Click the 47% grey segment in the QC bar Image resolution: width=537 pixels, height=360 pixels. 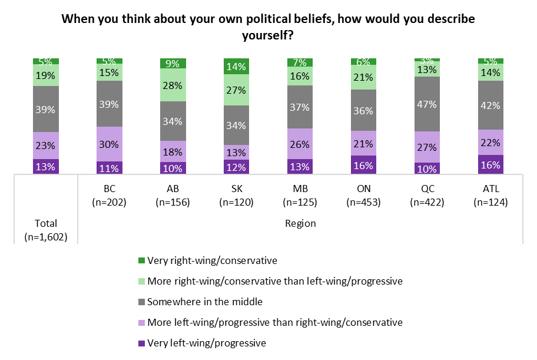[x=427, y=104]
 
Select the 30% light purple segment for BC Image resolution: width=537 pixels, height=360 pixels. [x=109, y=144]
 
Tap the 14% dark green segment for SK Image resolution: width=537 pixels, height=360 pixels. [x=236, y=66]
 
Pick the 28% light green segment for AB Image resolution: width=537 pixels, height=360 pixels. [x=173, y=85]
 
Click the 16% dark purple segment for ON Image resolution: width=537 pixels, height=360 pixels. [x=363, y=165]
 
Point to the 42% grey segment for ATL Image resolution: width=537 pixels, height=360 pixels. [x=490, y=105]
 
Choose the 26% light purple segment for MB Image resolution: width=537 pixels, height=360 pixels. [x=300, y=143]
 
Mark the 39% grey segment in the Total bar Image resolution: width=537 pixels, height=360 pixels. [x=45, y=109]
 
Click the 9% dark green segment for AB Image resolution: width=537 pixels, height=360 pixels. [x=173, y=63]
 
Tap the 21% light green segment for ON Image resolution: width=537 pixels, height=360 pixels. [x=363, y=77]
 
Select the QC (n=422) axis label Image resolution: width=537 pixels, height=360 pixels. [x=427, y=196]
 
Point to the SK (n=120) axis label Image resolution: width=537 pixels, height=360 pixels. [x=236, y=196]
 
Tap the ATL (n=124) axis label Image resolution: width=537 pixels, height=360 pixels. [x=490, y=196]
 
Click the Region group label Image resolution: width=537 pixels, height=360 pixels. [x=300, y=223]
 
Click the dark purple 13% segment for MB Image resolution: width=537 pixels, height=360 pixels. [x=300, y=167]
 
